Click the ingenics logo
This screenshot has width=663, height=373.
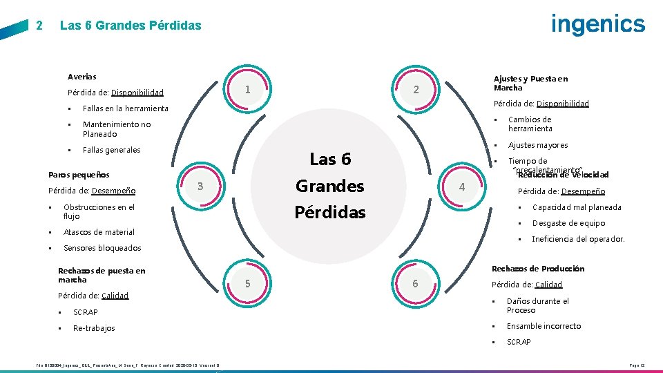tap(598, 24)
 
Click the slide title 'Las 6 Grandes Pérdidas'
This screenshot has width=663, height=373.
tap(131, 26)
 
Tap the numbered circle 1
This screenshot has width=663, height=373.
tap(247, 90)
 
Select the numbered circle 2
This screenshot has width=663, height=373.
tap(415, 90)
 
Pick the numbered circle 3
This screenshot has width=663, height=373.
tap(200, 186)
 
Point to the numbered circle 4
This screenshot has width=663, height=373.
tap(462, 186)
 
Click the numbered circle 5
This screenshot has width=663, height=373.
tap(247, 283)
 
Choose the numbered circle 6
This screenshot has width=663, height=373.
tap(415, 283)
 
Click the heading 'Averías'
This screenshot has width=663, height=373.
tap(82, 77)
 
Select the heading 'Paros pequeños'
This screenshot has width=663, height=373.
tap(79, 175)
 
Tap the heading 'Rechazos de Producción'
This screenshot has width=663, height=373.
tap(537, 269)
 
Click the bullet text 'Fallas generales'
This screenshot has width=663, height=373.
tap(111, 150)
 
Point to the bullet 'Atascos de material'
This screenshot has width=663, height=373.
tap(99, 232)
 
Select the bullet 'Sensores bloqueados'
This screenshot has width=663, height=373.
tap(102, 248)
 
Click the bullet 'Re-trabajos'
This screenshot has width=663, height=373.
tap(94, 328)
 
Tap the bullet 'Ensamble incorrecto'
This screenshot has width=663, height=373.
tap(544, 326)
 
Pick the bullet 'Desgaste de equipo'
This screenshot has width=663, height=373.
tap(568, 223)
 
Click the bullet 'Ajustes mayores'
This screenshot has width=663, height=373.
tap(538, 145)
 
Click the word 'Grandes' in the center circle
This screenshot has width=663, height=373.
tap(329, 186)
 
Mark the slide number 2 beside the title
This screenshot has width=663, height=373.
tap(39, 26)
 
